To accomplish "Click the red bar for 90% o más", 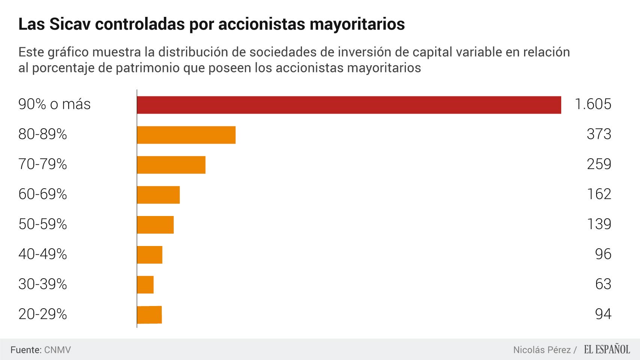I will coord(349,105).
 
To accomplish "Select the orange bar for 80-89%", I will coord(186,135).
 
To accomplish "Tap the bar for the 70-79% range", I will coord(171,165).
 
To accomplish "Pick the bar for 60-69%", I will coord(158,195).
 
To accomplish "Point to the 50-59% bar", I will coord(155,225).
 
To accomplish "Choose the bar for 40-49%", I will coord(150,255).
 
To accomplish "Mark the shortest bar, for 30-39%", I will coord(145,285).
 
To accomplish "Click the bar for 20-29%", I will coord(149,315).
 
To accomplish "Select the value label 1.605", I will coord(593,104).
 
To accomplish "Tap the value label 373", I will coord(599,134).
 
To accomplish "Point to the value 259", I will coord(599,164).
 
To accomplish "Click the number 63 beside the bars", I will coord(603,284).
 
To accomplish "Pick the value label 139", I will coord(599,224).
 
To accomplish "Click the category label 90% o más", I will coord(54,104).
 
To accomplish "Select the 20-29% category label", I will coord(42,314).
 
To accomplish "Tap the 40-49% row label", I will coord(42,254).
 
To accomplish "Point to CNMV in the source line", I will coord(57,350).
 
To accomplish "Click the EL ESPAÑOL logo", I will coord(607,350).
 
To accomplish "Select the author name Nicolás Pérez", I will coord(542,350).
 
